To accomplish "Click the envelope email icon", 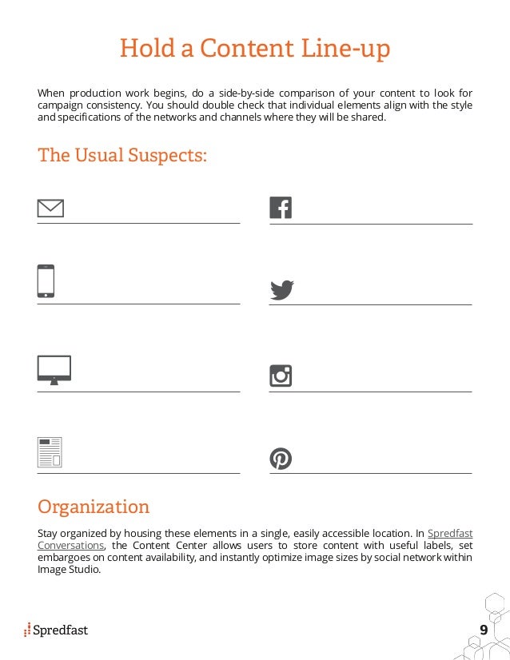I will coord(50,209).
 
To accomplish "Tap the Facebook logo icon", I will coord(281,208).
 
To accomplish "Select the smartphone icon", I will coord(46,281).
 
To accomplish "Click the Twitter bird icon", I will coord(281,289).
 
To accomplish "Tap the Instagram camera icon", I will coord(281,376).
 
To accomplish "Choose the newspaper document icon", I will coord(50,451).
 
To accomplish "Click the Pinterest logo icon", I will coord(281,459).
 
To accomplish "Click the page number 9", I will coord(483,630).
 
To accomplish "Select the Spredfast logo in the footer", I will coord(56,630).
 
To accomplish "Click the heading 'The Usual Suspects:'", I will coord(122,155).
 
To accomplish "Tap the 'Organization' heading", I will coord(94,507).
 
